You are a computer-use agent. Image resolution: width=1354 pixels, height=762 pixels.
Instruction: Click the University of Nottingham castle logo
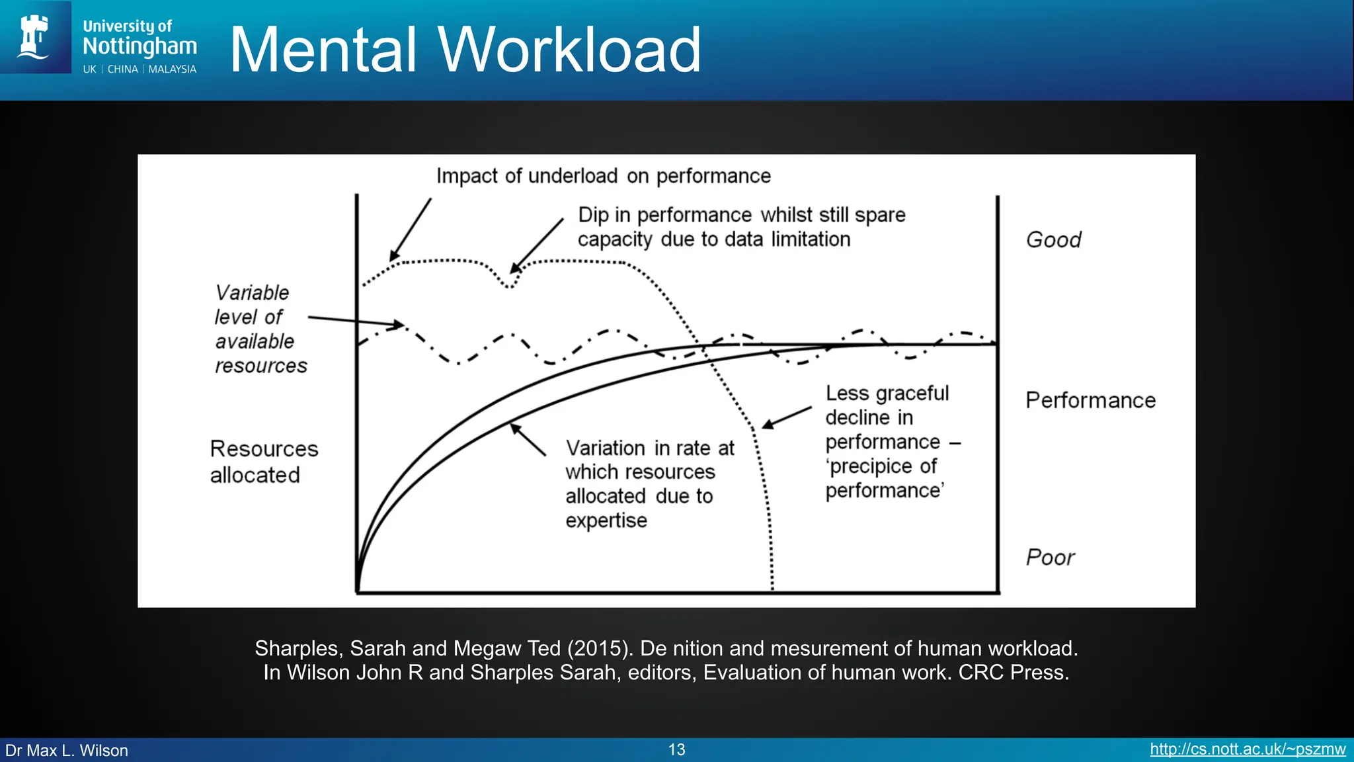pyautogui.click(x=34, y=37)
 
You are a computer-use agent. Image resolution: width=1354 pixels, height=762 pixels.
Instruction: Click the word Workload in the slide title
pyautogui.click(x=569, y=50)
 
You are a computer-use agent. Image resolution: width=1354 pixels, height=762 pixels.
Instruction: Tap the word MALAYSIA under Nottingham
pyautogui.click(x=172, y=69)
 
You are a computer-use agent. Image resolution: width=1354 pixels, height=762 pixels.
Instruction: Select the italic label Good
pyautogui.click(x=1053, y=239)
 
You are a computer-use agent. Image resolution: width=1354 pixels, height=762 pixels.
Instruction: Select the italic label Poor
pyautogui.click(x=1050, y=558)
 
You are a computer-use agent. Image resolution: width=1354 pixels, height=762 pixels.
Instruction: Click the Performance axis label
pyautogui.click(x=1090, y=400)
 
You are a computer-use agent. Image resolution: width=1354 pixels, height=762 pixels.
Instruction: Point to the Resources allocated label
pyautogui.click(x=263, y=462)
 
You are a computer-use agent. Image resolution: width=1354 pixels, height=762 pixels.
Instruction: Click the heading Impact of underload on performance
pyautogui.click(x=603, y=176)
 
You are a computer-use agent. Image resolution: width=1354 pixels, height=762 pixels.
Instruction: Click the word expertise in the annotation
pyautogui.click(x=606, y=521)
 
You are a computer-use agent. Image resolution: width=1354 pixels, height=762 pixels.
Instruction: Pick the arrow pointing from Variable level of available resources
pyautogui.click(x=356, y=321)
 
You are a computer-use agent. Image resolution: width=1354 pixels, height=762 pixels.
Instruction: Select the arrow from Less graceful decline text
pyautogui.click(x=787, y=418)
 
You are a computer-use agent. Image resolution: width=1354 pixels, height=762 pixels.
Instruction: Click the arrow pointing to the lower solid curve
pyautogui.click(x=528, y=440)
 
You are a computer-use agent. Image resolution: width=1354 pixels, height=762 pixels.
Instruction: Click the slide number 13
pyautogui.click(x=676, y=749)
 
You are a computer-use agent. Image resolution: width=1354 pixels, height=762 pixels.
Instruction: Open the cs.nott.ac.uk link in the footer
pyautogui.click(x=1247, y=749)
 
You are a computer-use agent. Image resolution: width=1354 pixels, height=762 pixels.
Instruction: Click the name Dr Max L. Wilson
pyautogui.click(x=67, y=751)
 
